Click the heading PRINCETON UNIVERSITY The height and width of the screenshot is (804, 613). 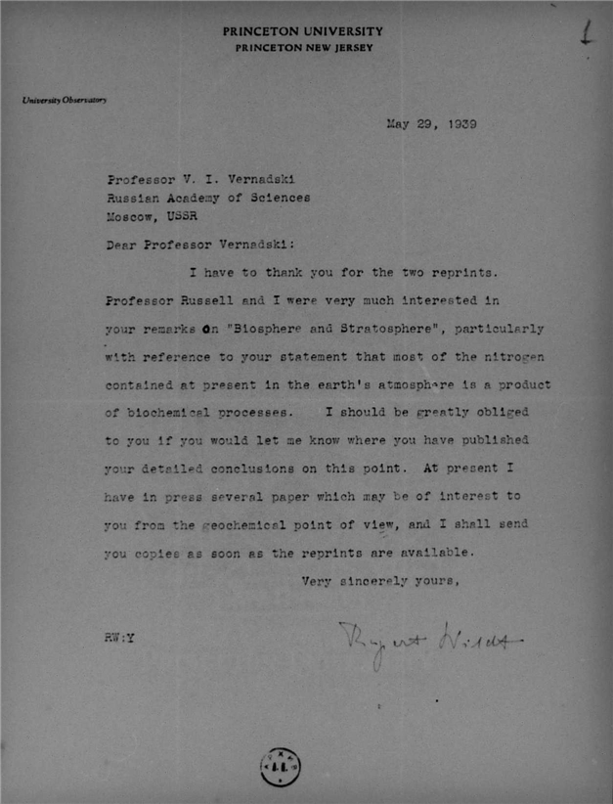click(x=303, y=32)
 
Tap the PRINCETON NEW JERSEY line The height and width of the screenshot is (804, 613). click(x=303, y=48)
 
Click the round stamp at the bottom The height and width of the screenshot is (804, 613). click(x=280, y=764)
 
